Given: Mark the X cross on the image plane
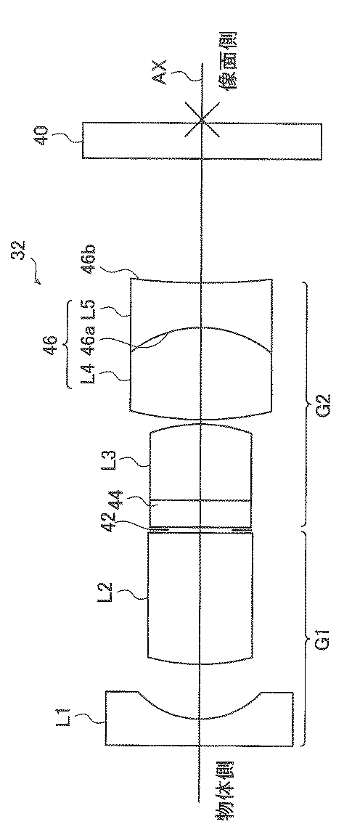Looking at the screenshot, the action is click(x=202, y=121).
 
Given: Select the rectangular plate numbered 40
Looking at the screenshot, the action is click(x=202, y=141).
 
